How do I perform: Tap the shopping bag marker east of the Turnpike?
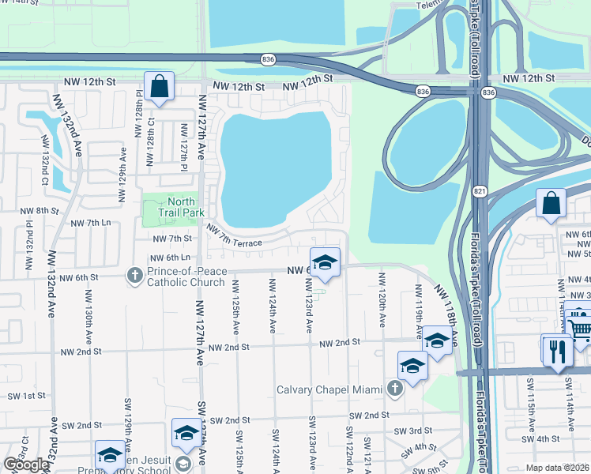coord(551,203)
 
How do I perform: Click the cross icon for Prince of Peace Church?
coord(134,275)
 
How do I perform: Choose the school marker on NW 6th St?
coord(324,262)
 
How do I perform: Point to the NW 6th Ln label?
coord(171,258)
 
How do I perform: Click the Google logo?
coord(26,465)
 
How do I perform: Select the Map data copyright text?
coord(558,468)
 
